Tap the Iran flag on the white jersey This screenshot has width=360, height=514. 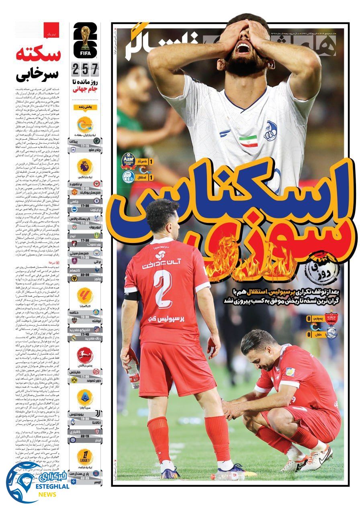pyautogui.click(x=248, y=141)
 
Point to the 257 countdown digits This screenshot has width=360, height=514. pyautogui.click(x=85, y=70)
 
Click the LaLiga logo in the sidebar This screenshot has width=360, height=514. pyautogui.click(x=85, y=296)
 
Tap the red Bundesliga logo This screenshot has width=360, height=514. pyautogui.click(x=85, y=355)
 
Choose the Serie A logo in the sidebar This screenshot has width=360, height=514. pyautogui.click(x=85, y=398)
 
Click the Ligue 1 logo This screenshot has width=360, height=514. pyautogui.click(x=85, y=457)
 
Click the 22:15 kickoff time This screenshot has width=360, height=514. pyautogui.click(x=85, y=435)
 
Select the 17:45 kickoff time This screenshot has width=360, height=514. pyautogui.click(x=85, y=334)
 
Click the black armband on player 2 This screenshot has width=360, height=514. pyautogui.click(x=132, y=296)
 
